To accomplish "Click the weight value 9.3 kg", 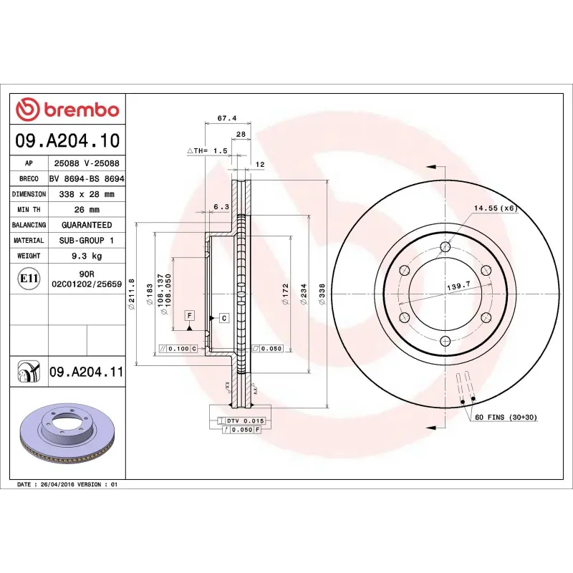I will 87,256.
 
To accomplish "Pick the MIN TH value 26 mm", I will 87,210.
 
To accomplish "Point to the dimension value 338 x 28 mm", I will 87,194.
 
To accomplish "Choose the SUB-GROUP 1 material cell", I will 87,241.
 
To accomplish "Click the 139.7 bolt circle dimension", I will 458,285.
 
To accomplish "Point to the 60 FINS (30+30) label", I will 506,417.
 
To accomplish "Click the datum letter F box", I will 190,315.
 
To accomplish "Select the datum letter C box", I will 223,317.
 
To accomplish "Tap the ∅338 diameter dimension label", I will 322,294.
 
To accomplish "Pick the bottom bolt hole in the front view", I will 445,341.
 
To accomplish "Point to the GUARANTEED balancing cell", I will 87,225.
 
